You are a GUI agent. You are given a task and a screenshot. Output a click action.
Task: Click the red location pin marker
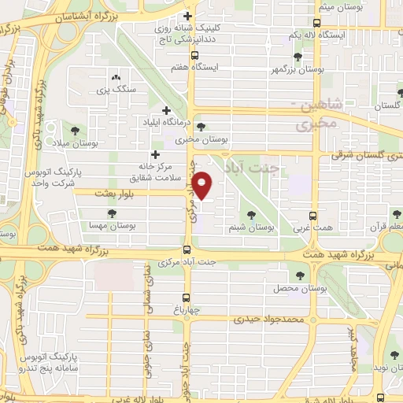coord(202,186)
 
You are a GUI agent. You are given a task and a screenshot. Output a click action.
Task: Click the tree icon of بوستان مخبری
coord(201,126)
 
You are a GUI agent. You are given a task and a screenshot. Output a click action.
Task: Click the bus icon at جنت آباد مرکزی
coord(187,250)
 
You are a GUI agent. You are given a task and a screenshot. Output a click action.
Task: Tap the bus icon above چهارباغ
coord(187,298)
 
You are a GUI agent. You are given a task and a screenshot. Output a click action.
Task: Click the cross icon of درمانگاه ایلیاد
coord(165,110)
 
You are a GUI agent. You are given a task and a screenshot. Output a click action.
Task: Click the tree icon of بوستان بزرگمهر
coord(298,57)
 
